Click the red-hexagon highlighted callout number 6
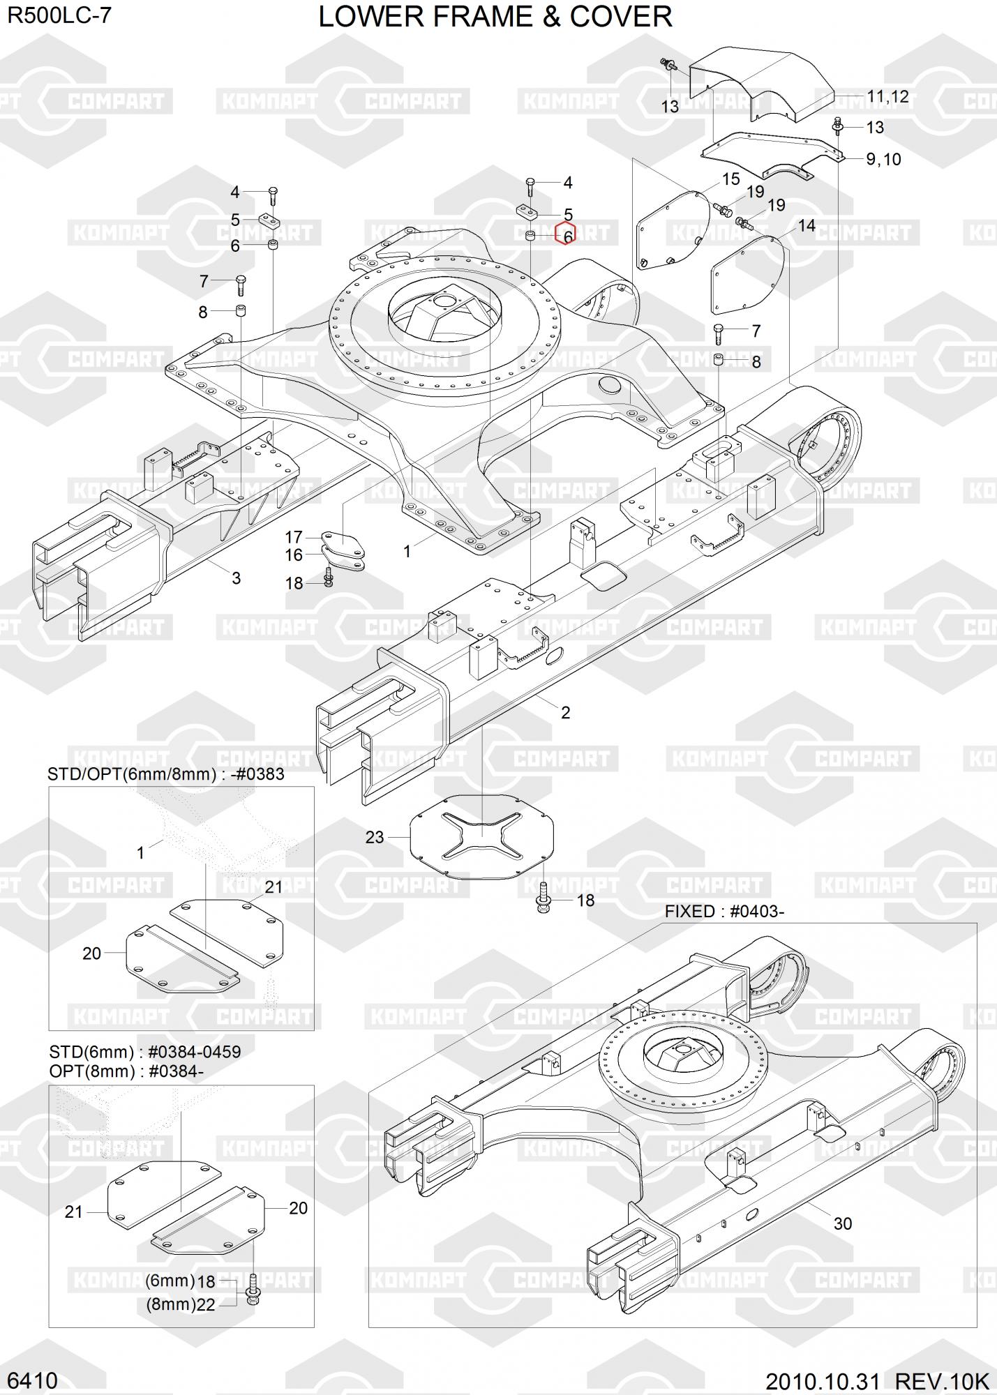pyautogui.click(x=567, y=236)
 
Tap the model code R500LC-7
pyautogui.click(x=60, y=15)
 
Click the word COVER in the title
pyautogui.click(x=621, y=17)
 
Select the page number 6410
pyautogui.click(x=32, y=1380)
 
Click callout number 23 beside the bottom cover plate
pyautogui.click(x=375, y=837)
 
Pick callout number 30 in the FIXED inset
pyautogui.click(x=843, y=1223)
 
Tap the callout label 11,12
pyautogui.click(x=887, y=96)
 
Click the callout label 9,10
pyautogui.click(x=883, y=159)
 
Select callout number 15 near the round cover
pyautogui.click(x=730, y=179)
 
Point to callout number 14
pyautogui.click(x=807, y=226)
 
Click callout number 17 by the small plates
pyautogui.click(x=294, y=537)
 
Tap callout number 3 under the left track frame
pyautogui.click(x=236, y=578)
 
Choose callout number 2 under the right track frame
pyautogui.click(x=565, y=712)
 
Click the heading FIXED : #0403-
pyautogui.click(x=724, y=912)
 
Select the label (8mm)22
pyautogui.click(x=181, y=1304)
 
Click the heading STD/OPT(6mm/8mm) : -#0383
pyautogui.click(x=166, y=774)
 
